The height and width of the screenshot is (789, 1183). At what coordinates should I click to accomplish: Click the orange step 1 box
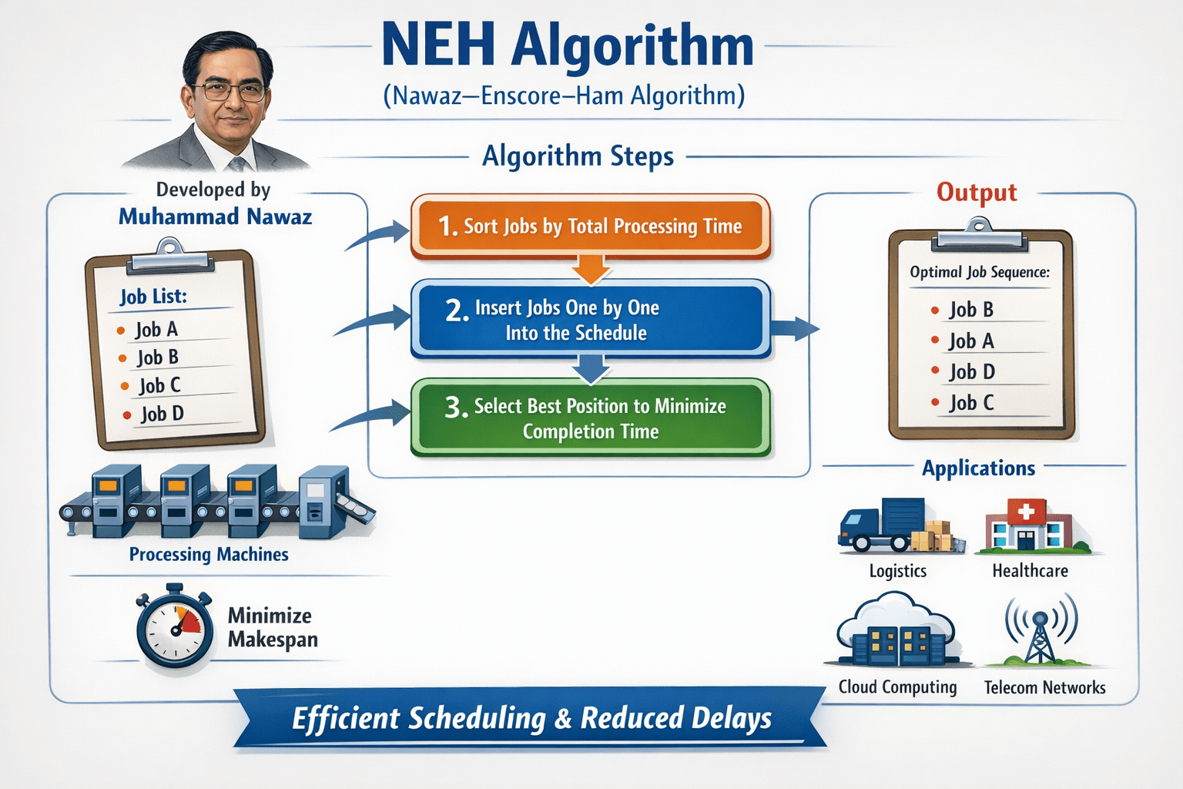coord(590,226)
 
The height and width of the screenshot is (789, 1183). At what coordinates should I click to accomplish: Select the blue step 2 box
coord(590,320)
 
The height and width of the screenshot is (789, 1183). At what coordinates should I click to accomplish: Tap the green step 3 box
coord(590,418)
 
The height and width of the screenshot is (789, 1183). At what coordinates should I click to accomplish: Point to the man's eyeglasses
coord(228,91)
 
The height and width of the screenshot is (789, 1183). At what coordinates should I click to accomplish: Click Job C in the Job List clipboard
coord(159,385)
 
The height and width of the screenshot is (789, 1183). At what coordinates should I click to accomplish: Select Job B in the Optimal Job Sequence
coord(970,310)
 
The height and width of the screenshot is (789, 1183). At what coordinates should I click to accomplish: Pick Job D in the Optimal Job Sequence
coord(971,372)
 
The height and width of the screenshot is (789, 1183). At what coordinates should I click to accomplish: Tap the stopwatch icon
coord(175,627)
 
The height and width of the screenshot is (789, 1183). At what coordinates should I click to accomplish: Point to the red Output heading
coord(977,192)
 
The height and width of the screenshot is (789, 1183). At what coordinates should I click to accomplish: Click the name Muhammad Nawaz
coord(215,217)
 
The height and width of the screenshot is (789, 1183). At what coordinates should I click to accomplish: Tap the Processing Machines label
coord(209,555)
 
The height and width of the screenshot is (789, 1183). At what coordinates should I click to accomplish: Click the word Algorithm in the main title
coord(632,45)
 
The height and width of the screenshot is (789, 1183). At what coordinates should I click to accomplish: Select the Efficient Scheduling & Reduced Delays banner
coord(531,718)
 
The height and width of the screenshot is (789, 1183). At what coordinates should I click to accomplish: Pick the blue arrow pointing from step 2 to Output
coord(794,327)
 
